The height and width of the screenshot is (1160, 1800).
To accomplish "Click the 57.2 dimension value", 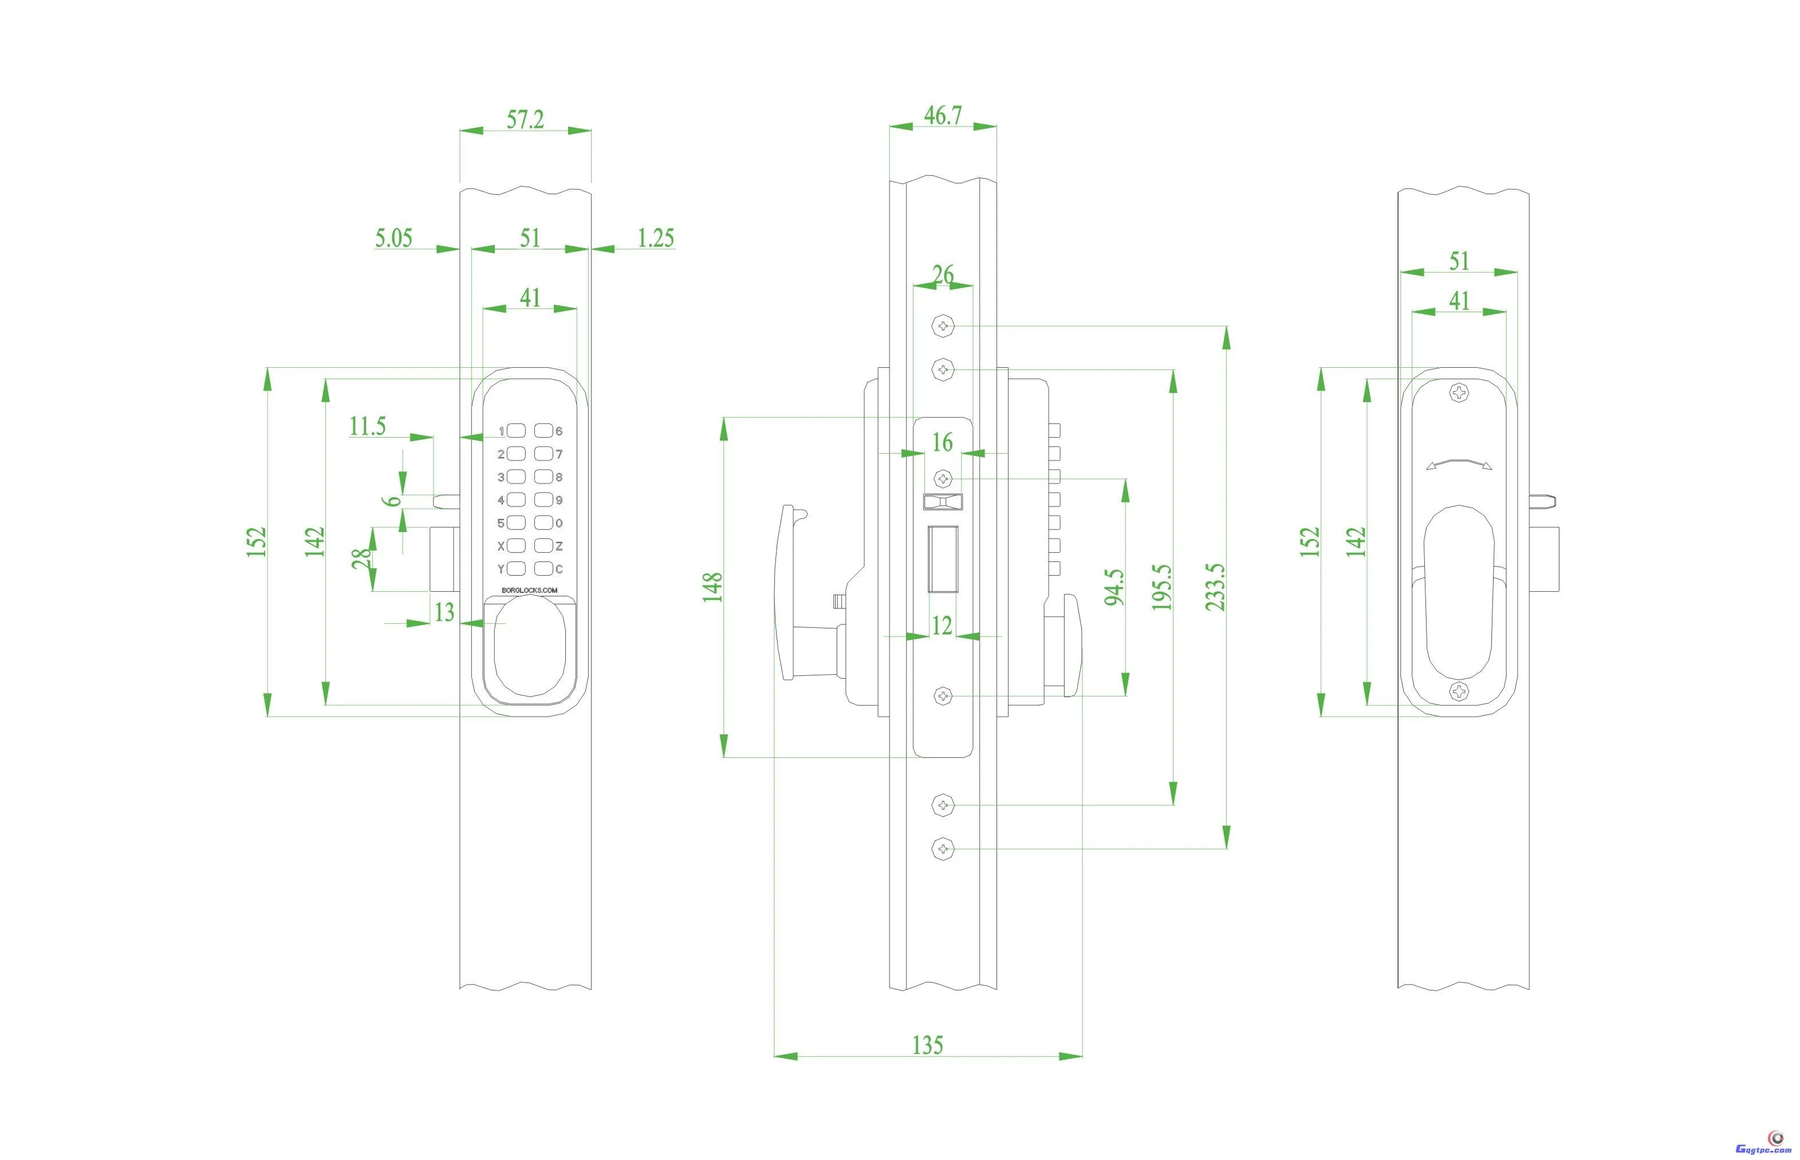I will click(x=525, y=120).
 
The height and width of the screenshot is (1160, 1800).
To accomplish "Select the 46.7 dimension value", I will click(x=943, y=115).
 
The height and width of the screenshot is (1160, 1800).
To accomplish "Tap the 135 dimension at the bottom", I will click(x=927, y=1045).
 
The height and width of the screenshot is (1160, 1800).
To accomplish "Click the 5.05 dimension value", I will click(x=393, y=238).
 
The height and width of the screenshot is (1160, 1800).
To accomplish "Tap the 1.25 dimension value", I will click(x=656, y=238).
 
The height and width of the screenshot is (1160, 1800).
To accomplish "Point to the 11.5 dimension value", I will click(x=367, y=426).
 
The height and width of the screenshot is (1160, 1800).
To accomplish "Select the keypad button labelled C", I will click(x=543, y=569).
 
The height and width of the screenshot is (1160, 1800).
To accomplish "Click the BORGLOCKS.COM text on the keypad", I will click(x=529, y=590).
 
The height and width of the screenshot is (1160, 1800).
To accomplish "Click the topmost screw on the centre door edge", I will click(x=943, y=326).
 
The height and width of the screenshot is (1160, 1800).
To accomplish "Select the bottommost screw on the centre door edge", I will click(x=943, y=849).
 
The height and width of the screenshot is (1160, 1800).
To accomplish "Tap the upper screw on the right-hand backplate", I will click(x=1459, y=392).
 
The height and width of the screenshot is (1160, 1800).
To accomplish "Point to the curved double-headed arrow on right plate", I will click(x=1459, y=464).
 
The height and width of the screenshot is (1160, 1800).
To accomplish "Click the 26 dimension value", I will click(x=943, y=275).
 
